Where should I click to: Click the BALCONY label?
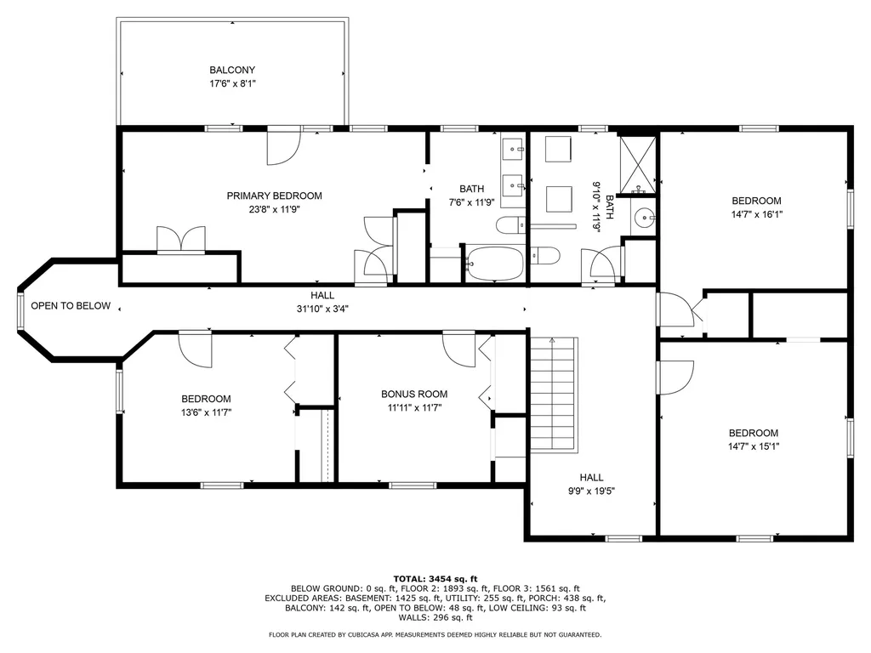coord(232,70)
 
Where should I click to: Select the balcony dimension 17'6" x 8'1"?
coord(232,83)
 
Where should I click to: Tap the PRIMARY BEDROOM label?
coord(274,196)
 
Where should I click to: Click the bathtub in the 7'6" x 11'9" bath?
coord(494,264)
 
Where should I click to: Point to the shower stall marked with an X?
coord(637,162)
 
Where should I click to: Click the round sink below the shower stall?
coord(645,218)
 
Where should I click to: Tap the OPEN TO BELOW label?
coord(71,306)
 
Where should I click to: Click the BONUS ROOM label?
coord(413,394)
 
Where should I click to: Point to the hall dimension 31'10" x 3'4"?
coord(322,309)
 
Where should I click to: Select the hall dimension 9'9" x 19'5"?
coord(591,491)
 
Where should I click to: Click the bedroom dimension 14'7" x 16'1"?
coord(756,214)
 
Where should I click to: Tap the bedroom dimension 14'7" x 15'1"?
coord(753,446)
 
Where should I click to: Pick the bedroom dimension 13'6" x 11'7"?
coord(206,412)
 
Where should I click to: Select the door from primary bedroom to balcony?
coord(283,147)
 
